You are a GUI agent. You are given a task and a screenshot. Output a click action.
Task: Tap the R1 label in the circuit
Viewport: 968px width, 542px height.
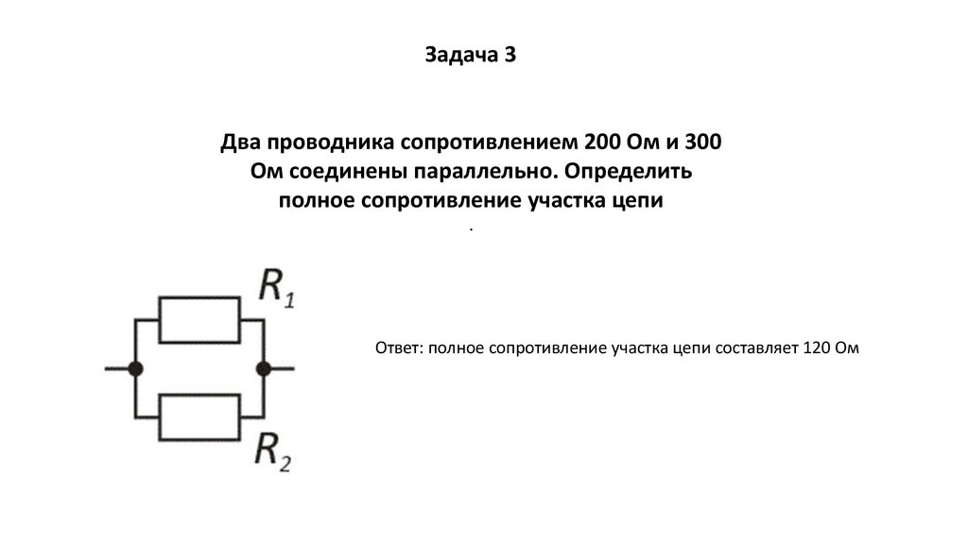(277, 286)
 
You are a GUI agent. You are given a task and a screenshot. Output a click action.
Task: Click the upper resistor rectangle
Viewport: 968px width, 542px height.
(201, 321)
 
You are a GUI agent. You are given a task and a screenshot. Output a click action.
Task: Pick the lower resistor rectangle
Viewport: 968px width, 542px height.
(201, 417)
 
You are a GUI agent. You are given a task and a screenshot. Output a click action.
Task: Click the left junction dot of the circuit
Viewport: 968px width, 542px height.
(136, 369)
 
